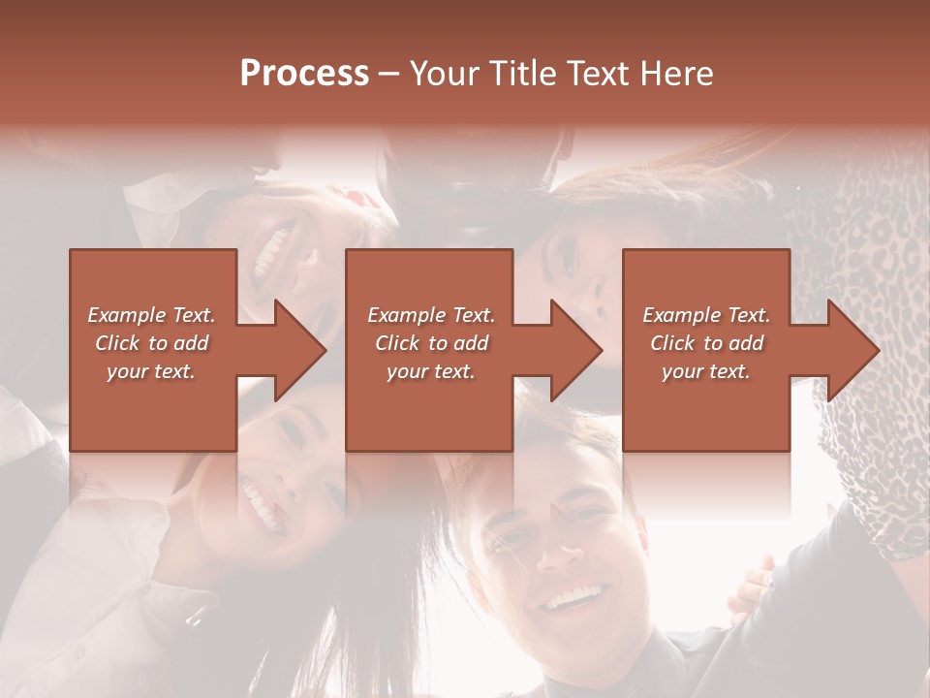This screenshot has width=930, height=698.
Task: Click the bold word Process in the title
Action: click(x=304, y=73)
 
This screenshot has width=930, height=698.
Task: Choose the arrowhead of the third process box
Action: click(x=852, y=350)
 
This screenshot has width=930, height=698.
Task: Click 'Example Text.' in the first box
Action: click(x=151, y=315)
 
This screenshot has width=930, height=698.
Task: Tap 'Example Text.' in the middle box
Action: click(x=431, y=315)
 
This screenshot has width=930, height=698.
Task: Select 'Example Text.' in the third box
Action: click(x=706, y=315)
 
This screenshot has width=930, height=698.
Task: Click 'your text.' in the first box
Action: click(x=151, y=371)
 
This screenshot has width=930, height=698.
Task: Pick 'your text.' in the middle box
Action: click(x=431, y=371)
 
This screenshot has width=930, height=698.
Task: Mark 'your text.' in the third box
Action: click(x=706, y=371)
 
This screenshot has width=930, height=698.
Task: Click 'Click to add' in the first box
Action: click(x=151, y=343)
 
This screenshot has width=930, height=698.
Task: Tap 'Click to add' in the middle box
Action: click(x=431, y=343)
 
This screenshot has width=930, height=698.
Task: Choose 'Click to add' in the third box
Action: click(x=706, y=343)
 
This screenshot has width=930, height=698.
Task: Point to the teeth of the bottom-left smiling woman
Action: click(x=259, y=503)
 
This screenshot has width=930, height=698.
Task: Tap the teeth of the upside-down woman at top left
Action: click(x=274, y=255)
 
